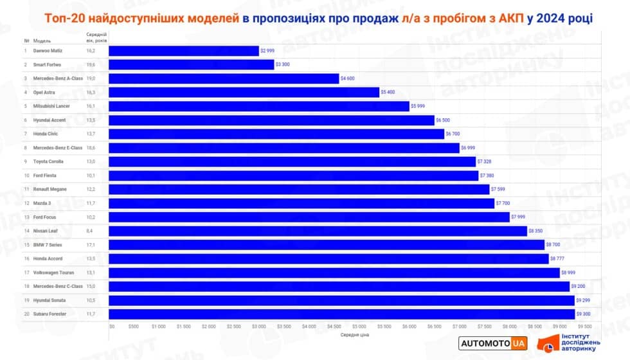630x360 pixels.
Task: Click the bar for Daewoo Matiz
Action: (x=183, y=51)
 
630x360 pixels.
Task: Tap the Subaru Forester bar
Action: (x=341, y=314)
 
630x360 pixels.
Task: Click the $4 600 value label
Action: (x=348, y=78)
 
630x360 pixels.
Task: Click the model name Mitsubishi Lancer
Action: (x=51, y=106)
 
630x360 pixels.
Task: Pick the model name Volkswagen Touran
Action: (x=55, y=272)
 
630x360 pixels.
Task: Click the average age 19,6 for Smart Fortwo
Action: (x=91, y=64)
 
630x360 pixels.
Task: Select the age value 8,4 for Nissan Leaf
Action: (x=90, y=231)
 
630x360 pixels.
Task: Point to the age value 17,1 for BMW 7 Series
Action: (x=91, y=244)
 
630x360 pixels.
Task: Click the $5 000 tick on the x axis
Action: (x=359, y=326)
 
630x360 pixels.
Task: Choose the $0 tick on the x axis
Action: (x=112, y=326)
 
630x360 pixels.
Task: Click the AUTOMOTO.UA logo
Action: (x=493, y=344)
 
